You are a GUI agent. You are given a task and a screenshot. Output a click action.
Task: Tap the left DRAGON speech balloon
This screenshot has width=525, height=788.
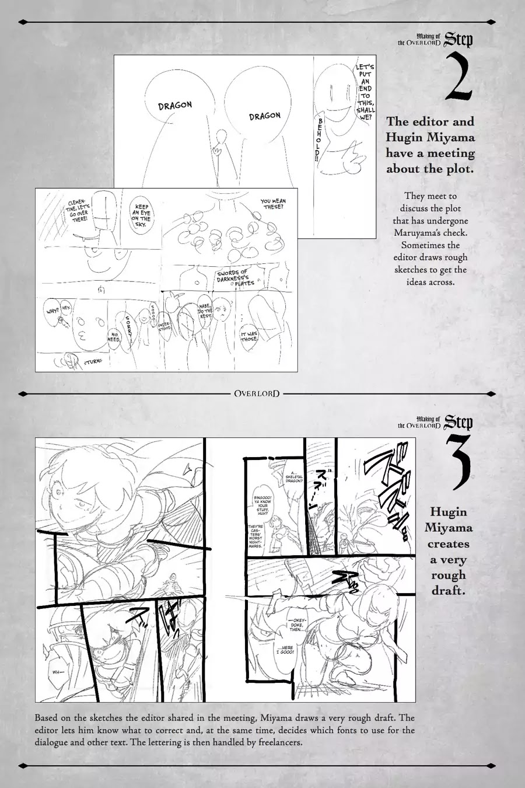[175, 105]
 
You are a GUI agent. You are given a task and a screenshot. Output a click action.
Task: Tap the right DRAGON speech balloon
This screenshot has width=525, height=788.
[264, 116]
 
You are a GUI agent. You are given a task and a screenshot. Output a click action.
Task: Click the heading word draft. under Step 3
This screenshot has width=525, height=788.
[448, 590]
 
